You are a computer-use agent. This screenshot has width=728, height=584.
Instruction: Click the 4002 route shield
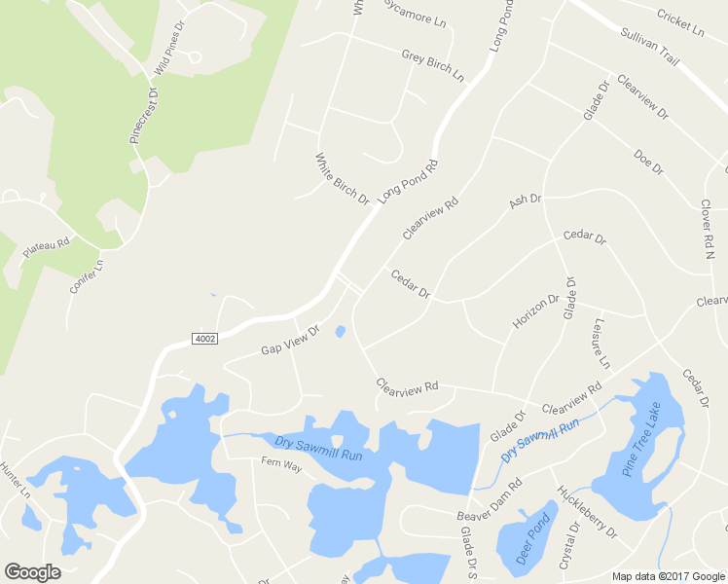pyautogui.click(x=204, y=338)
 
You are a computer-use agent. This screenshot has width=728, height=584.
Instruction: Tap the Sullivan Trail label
pyautogui.click(x=648, y=46)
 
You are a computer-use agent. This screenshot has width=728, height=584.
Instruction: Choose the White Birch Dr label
pyautogui.click(x=343, y=178)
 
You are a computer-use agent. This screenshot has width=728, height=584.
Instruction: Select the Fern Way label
pyautogui.click(x=282, y=466)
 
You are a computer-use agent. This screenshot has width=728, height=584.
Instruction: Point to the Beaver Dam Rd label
pyautogui.click(x=491, y=498)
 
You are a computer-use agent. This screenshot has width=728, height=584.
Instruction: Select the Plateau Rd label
pyautogui.click(x=47, y=248)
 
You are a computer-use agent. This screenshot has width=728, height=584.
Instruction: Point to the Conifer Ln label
pyautogui.click(x=86, y=276)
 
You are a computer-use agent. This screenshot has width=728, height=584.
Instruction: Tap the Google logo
pyautogui.click(x=33, y=572)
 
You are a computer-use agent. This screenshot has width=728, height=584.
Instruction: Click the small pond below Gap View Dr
pyautogui.click(x=340, y=332)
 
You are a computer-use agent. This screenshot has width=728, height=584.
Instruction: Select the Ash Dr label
pyautogui.click(x=525, y=201)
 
